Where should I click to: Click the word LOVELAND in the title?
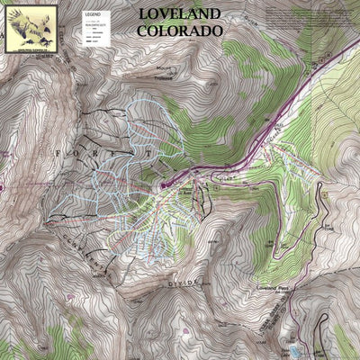(180, 14)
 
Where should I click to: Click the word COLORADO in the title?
(180, 30)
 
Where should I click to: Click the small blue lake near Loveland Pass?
(293, 347)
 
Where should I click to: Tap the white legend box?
(89, 33)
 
